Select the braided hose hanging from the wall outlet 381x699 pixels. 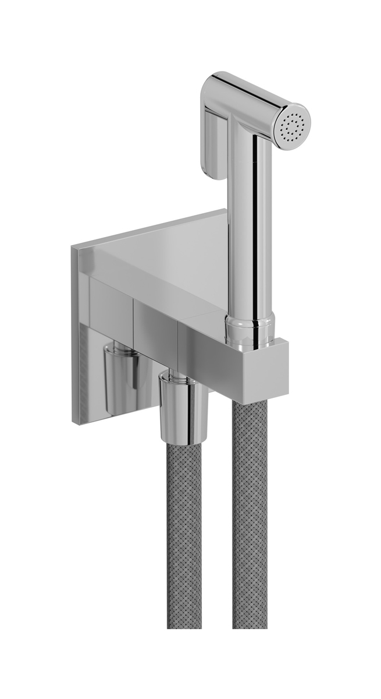click(x=184, y=524)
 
